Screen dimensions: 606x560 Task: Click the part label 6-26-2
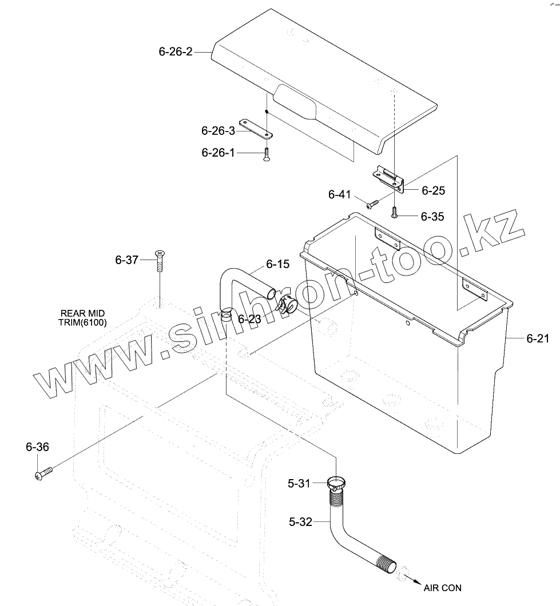(x=176, y=52)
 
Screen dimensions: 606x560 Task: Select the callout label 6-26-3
(x=218, y=131)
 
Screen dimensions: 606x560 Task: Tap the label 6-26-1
(x=218, y=153)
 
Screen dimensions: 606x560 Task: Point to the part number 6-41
(x=339, y=195)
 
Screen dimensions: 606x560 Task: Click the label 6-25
(x=433, y=190)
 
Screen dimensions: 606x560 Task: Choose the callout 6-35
(x=432, y=217)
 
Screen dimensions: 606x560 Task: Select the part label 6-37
(x=127, y=260)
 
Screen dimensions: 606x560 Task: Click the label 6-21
(x=538, y=338)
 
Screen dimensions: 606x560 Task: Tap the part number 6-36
(x=37, y=447)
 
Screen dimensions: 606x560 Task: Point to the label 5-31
(x=299, y=484)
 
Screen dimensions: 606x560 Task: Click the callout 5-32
(x=300, y=521)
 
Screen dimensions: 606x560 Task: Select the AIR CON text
(x=442, y=588)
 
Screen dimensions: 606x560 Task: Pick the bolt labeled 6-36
(x=43, y=473)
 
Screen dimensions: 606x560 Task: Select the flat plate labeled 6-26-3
(x=256, y=128)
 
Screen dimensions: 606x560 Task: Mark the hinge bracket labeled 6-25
(x=390, y=178)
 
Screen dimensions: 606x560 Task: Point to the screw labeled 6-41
(x=373, y=202)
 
